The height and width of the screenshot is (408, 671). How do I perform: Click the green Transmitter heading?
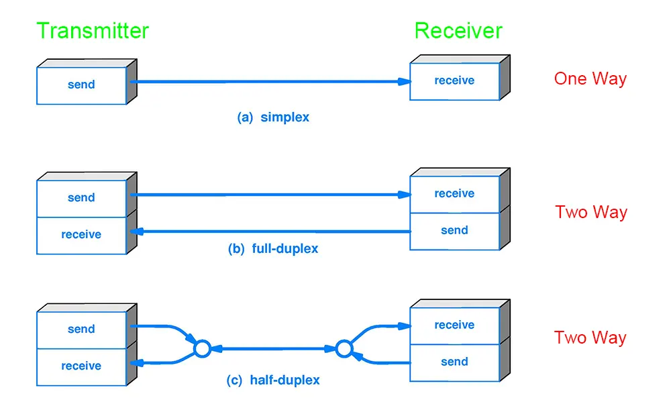pos(93,31)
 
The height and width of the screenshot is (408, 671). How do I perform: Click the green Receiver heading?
pos(458,31)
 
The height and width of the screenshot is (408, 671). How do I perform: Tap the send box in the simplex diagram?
pos(81,85)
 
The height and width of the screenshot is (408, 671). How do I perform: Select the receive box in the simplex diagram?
pos(454,81)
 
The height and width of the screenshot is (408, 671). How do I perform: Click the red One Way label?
pos(590,79)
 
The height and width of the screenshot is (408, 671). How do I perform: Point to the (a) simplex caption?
pos(273,117)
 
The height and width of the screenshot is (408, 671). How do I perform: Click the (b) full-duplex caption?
pos(273,249)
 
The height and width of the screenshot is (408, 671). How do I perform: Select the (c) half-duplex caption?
pos(273,380)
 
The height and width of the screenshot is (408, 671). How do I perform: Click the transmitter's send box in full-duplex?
pos(81,198)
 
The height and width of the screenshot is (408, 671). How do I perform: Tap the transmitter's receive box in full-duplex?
pos(81,235)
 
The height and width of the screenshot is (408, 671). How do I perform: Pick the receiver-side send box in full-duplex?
pos(454,231)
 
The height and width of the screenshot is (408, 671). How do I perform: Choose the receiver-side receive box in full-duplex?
pos(454,194)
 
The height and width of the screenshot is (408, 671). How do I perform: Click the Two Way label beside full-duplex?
pos(590,213)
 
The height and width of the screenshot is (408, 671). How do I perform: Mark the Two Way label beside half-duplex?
pos(590,338)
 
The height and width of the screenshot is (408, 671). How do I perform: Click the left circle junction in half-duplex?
pos(202,348)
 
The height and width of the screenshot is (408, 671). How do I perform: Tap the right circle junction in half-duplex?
pos(344,348)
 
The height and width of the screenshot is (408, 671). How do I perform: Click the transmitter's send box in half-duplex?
pos(81,329)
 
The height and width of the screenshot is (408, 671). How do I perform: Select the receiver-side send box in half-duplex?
pos(454,362)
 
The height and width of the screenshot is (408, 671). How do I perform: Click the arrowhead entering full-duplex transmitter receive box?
pos(134,232)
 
